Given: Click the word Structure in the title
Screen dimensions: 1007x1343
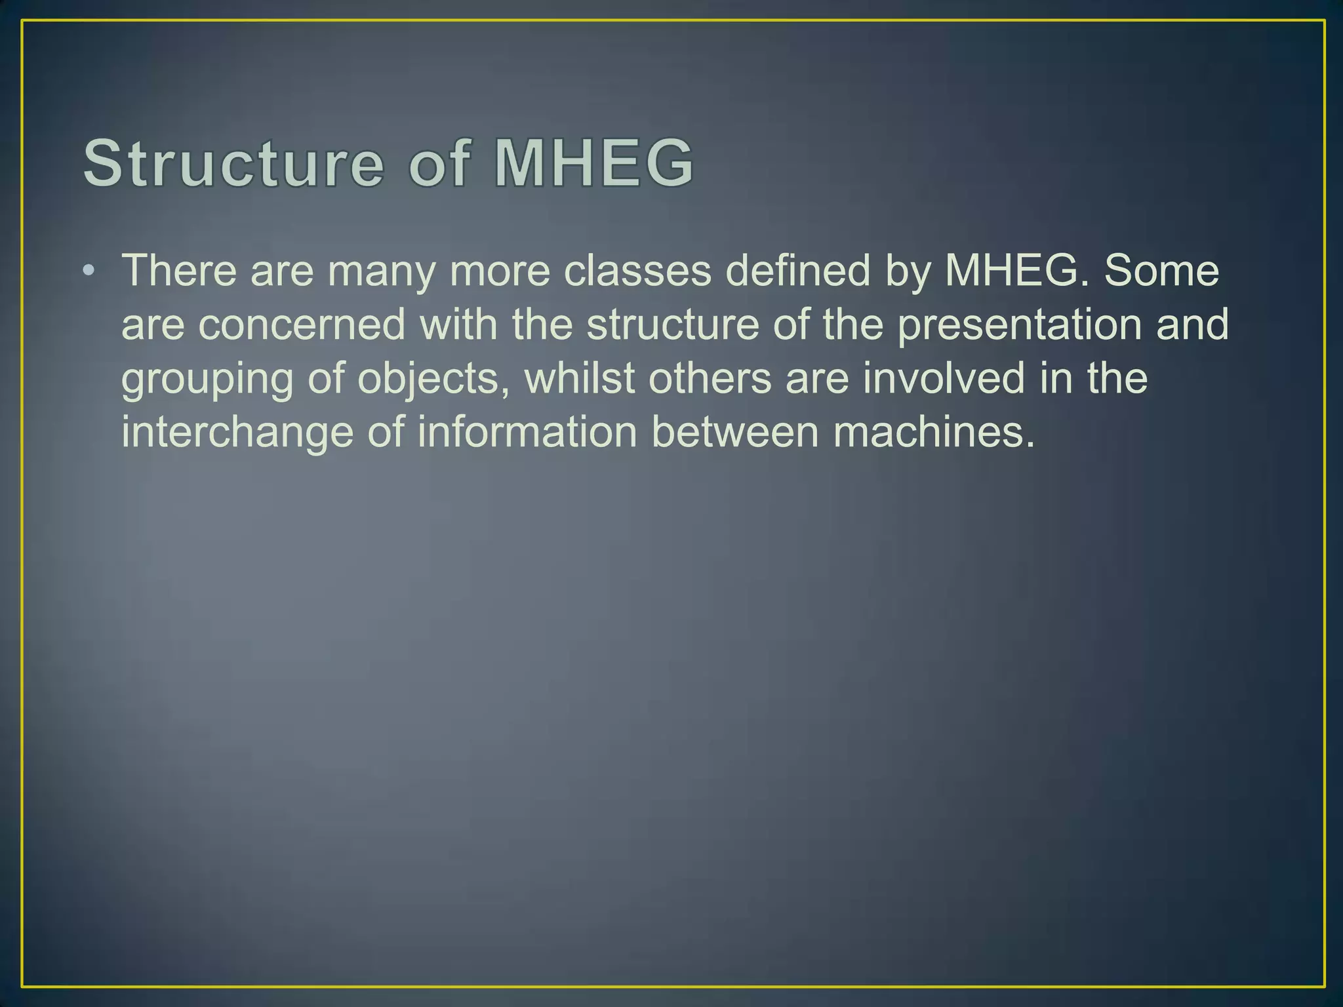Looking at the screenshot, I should click(233, 163).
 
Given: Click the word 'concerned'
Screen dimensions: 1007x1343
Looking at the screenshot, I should click(302, 325).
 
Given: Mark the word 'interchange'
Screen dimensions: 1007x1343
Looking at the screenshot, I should click(237, 433).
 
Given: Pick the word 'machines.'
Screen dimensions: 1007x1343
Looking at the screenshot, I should click(934, 433).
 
